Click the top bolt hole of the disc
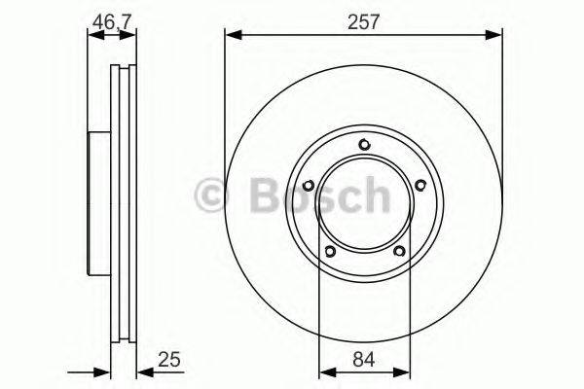(365, 145)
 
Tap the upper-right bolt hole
(420, 185)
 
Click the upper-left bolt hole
(309, 185)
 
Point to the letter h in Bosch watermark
(372, 197)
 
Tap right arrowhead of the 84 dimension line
(403, 370)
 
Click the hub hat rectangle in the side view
(98, 204)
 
